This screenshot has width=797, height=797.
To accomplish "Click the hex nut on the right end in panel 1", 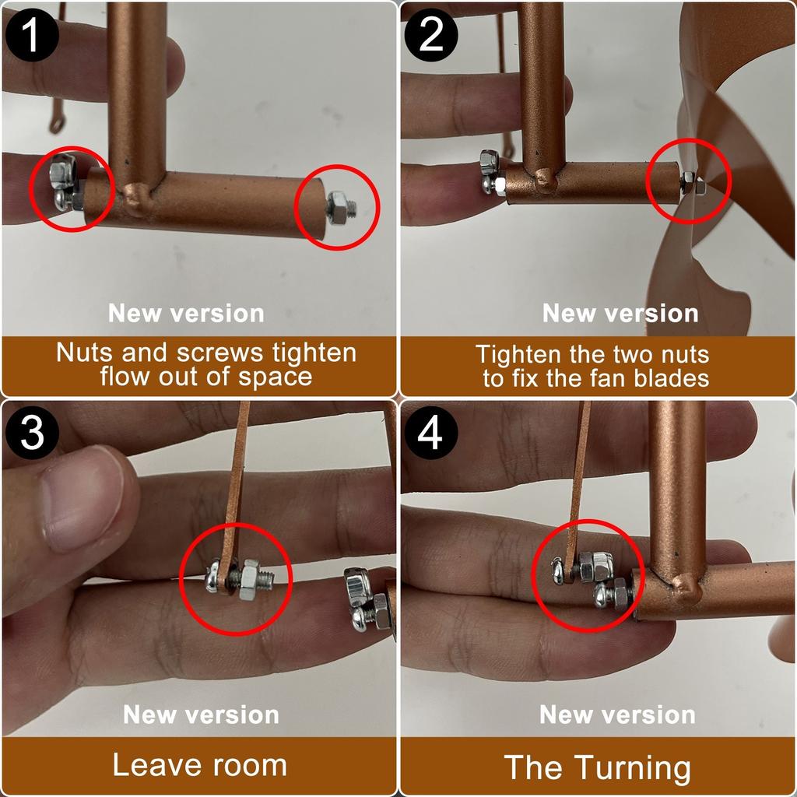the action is tap(339, 207).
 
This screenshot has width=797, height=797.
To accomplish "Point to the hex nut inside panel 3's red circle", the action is tap(250, 580).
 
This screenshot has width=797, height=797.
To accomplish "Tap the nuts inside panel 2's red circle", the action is tap(692, 184).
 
